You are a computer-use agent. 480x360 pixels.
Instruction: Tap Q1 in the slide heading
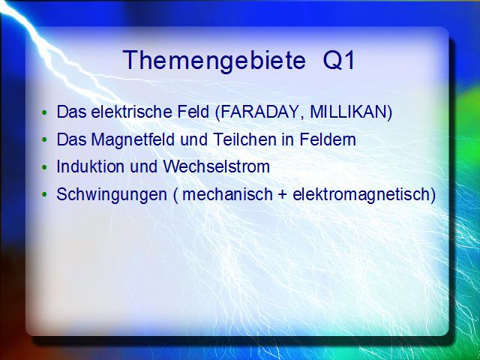coord(339,61)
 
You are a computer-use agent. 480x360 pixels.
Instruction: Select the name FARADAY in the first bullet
coord(258,112)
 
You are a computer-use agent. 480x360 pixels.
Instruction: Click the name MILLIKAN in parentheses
coord(349,112)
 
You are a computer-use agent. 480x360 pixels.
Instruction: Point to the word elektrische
coord(132,112)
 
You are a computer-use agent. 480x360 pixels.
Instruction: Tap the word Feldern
coord(328,139)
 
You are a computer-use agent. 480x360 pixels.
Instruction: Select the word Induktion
coord(91,166)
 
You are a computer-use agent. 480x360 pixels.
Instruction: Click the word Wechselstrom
coord(216,166)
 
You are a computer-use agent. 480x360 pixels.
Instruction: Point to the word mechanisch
coord(227,194)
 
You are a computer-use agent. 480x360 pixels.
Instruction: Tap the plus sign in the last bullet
coord(283,195)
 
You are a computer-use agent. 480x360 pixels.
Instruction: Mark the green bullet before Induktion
coord(45,167)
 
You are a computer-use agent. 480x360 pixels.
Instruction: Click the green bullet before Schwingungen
coord(45,195)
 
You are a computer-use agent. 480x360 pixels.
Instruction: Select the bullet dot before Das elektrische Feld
coord(45,112)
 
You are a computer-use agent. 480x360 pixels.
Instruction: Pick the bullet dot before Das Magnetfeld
coord(45,140)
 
